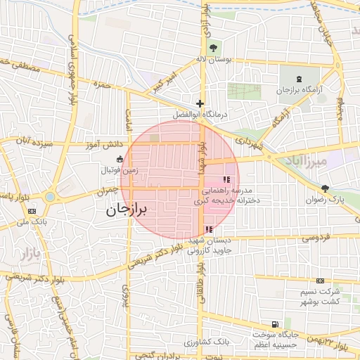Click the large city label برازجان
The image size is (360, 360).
[x=129, y=210]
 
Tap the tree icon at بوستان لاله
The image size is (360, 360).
[x=214, y=48]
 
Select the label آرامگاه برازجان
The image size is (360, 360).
[x=292, y=91]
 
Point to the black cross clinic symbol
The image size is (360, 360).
[x=200, y=103]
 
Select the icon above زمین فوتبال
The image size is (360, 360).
[x=120, y=158]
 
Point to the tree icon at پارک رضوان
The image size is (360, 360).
[x=325, y=188]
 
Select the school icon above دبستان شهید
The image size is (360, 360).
[x=208, y=229]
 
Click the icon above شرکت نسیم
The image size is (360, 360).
[x=321, y=281]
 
